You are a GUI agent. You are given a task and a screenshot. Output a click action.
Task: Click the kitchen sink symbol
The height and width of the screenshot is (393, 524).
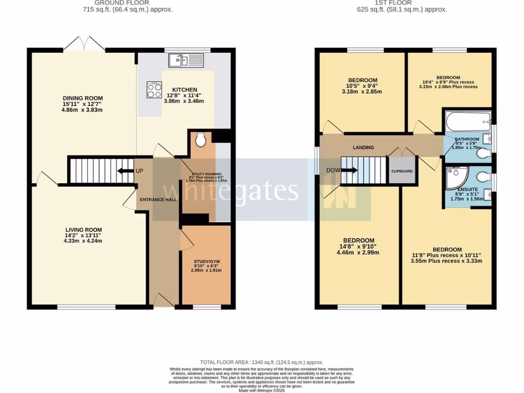coord(186,61)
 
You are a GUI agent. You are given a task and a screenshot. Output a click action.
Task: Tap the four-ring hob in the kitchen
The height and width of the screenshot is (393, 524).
coord(154,90)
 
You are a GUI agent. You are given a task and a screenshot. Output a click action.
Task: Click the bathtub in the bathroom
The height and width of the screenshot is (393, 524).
coord(466,122)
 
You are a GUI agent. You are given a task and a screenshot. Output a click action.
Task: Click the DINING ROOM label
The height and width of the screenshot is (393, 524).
coord(83,98)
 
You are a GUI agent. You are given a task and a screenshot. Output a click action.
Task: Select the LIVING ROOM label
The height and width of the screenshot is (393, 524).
coord(83,230)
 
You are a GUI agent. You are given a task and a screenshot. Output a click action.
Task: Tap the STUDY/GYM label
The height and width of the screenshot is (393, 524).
coord(206,261)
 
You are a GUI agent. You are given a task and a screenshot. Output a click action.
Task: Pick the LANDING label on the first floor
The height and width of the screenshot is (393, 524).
coord(363,147)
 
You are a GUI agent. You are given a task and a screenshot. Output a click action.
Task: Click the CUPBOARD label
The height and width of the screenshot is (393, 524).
coord(402,171)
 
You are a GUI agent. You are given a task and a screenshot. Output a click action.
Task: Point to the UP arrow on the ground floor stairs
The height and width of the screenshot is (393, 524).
coord(125,170)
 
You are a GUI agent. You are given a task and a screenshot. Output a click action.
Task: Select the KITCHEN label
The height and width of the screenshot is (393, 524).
coord(185,90)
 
